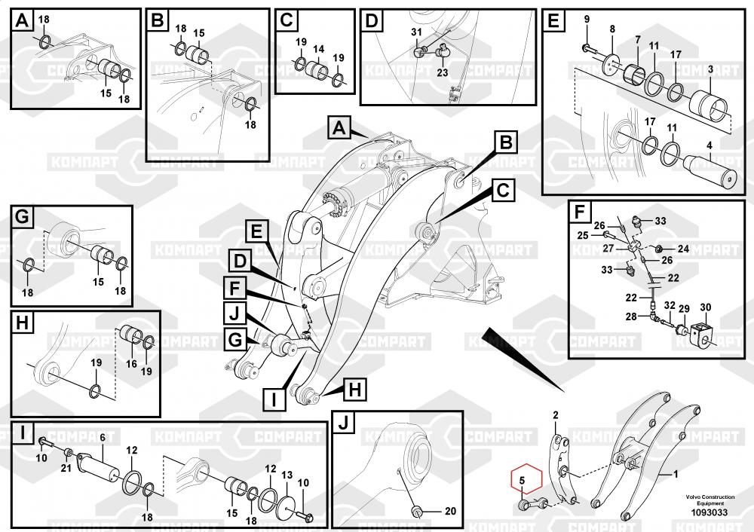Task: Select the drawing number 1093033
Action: [710, 512]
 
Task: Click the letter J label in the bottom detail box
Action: [343, 423]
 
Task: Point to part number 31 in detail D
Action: [416, 32]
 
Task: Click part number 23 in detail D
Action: [443, 72]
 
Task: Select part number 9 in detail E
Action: [587, 20]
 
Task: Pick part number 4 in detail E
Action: [710, 145]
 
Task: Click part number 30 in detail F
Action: [706, 307]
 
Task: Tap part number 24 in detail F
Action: [683, 249]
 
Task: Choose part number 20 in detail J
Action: [450, 512]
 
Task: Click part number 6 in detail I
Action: [103, 437]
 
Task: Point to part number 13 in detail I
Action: [287, 475]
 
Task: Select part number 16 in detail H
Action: [131, 364]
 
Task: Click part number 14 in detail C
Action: [318, 49]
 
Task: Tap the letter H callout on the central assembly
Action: [354, 390]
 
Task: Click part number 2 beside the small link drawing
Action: [556, 415]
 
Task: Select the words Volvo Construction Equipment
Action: [710, 500]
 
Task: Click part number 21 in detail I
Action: [66, 468]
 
